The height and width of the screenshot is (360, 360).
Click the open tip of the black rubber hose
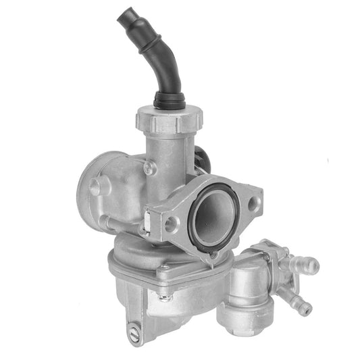[126, 16]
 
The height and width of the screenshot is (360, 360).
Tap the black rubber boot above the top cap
[168, 101]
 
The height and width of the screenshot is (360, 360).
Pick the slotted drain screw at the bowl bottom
[134, 332]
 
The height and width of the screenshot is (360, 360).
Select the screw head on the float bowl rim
[164, 268]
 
